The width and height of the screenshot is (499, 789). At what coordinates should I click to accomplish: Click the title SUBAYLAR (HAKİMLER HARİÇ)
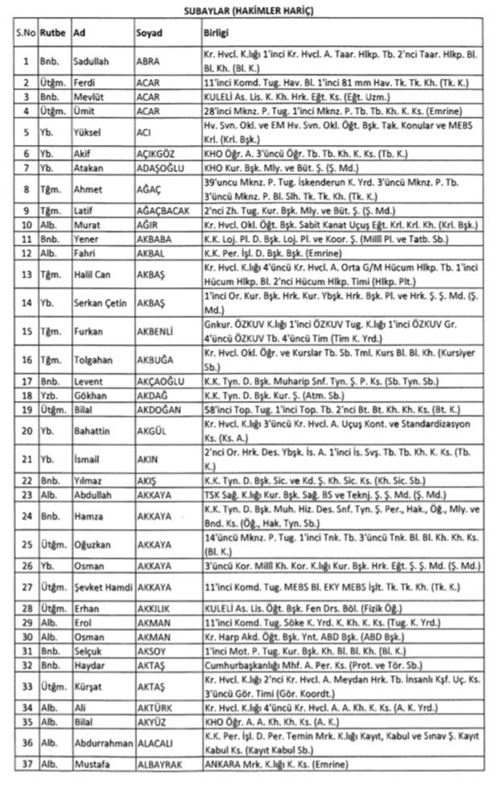tap(249, 10)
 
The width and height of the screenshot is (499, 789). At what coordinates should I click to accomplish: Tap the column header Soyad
tap(149, 33)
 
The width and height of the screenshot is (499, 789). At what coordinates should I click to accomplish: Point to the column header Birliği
tap(217, 33)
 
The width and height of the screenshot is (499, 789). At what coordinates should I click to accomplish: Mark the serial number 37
tap(26, 764)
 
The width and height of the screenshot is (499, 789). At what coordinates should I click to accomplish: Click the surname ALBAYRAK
tap(159, 764)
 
